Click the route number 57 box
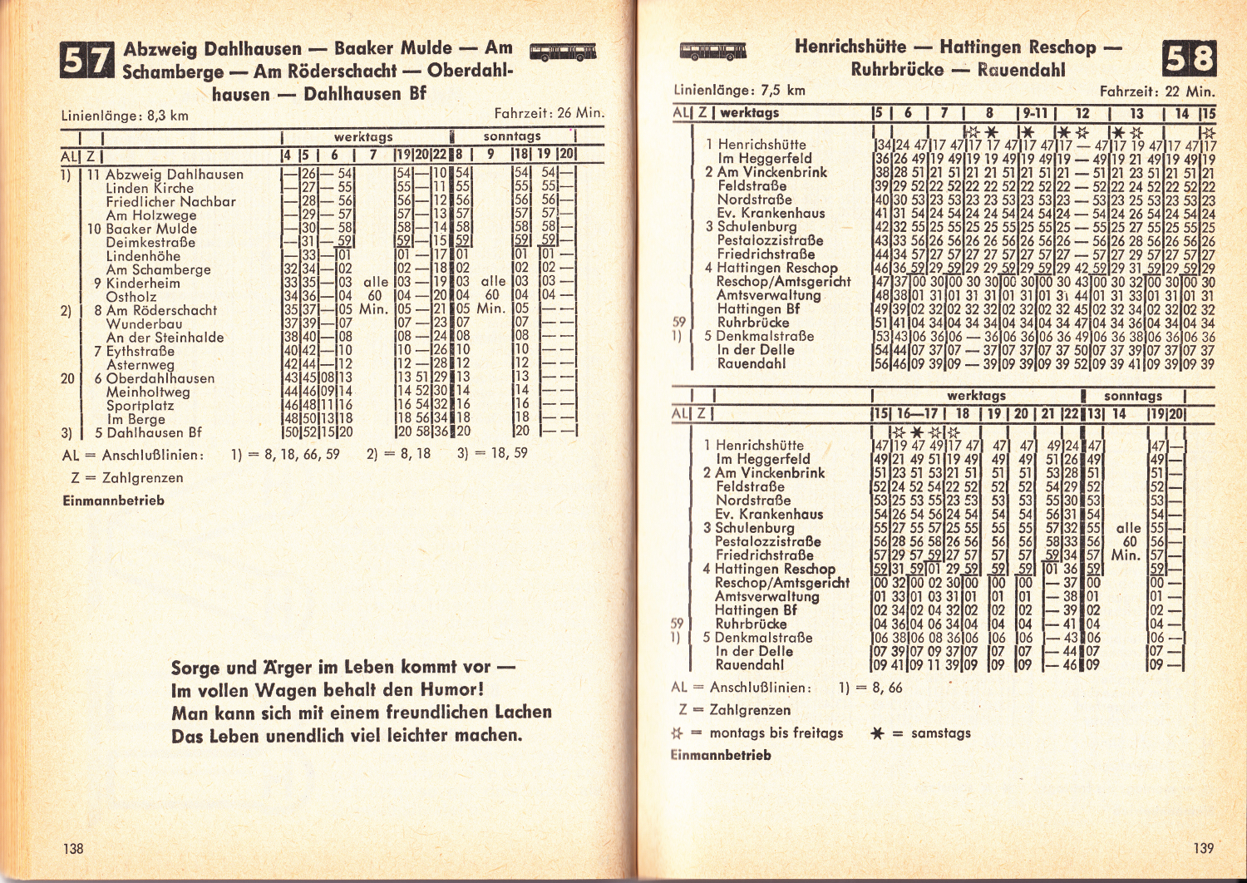click(x=86, y=61)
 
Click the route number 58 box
click(x=1190, y=59)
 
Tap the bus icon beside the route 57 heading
click(x=562, y=52)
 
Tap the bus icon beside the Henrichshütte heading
click(x=712, y=51)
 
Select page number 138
click(x=73, y=848)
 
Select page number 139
click(x=1203, y=848)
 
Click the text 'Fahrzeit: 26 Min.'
click(x=549, y=113)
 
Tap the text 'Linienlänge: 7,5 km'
click(x=739, y=90)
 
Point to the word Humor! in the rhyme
click(x=452, y=689)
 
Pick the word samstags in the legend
click(x=940, y=733)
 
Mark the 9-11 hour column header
click(x=1036, y=113)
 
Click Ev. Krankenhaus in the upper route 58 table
click(x=771, y=213)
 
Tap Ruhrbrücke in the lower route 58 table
click(x=751, y=624)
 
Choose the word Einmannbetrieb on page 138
click(x=113, y=501)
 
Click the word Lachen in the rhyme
click(x=523, y=712)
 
